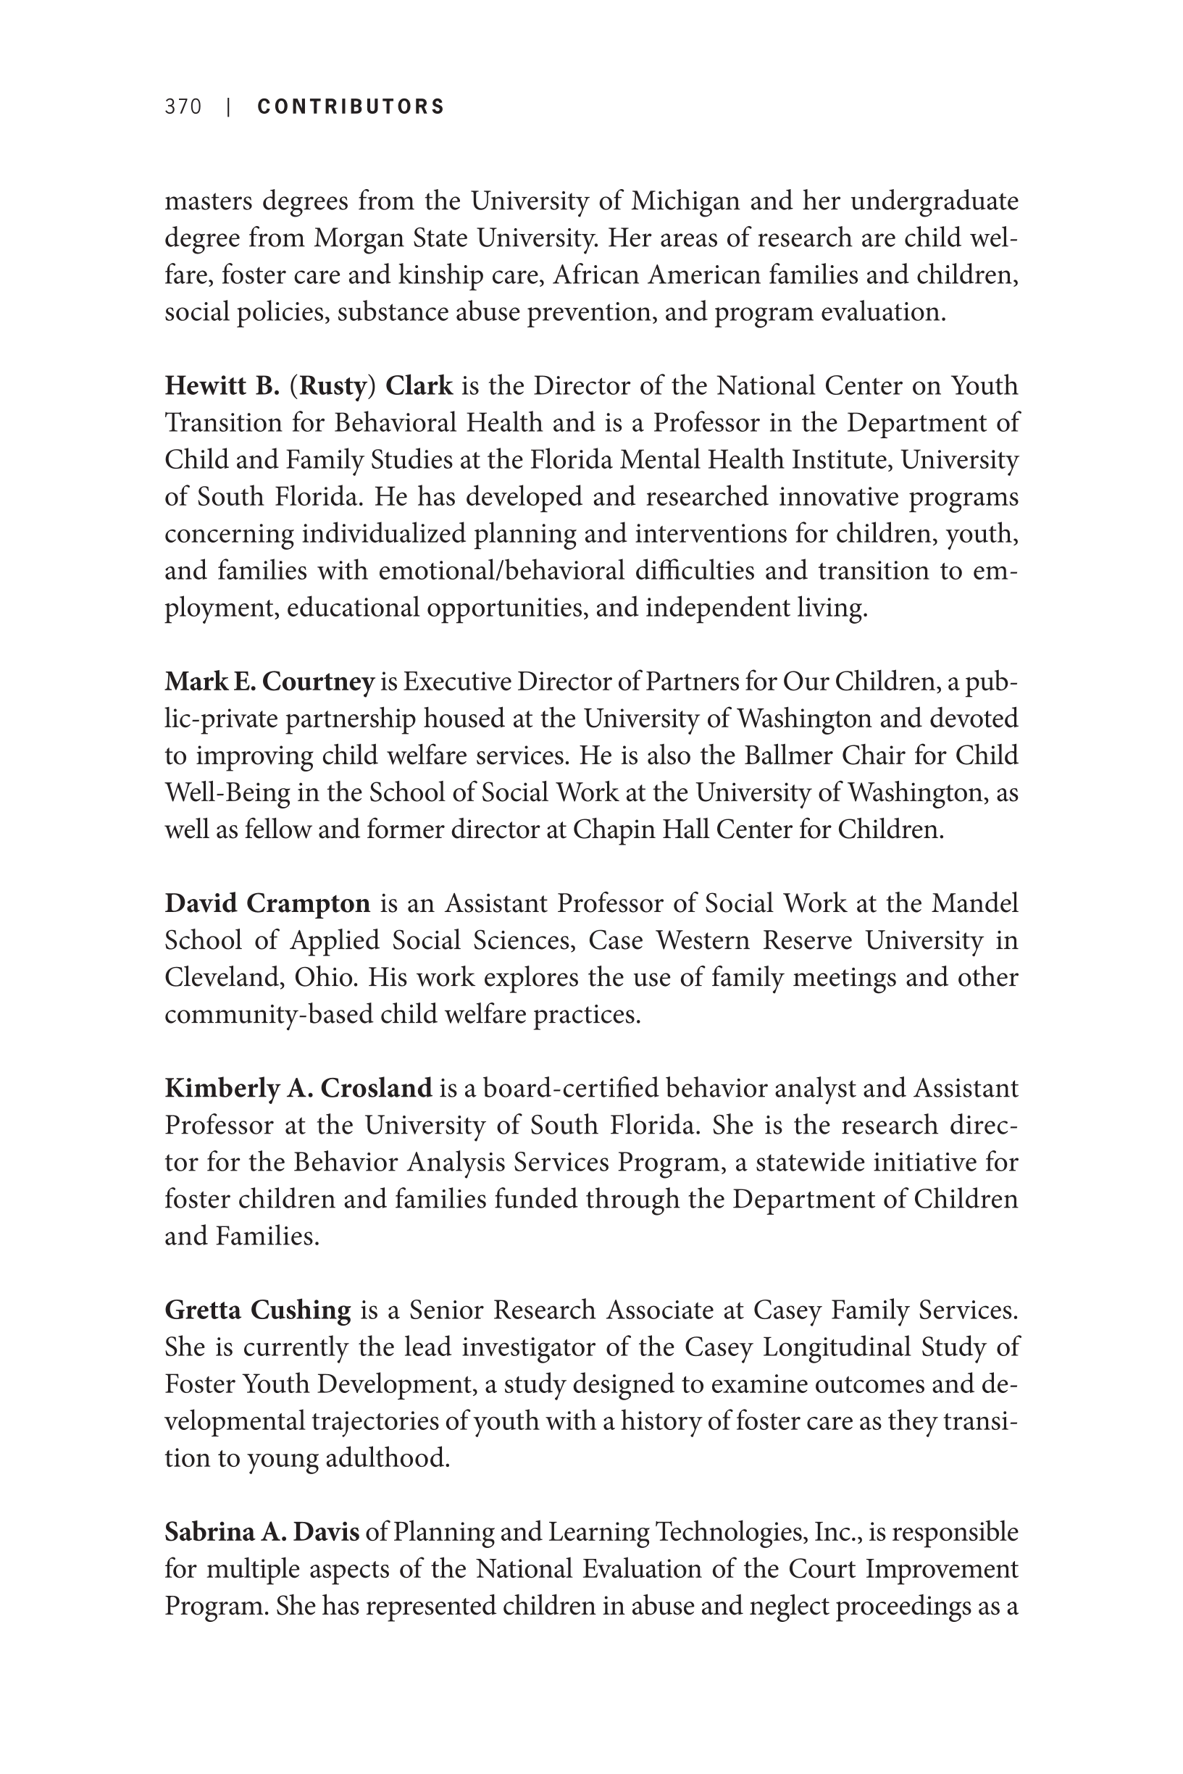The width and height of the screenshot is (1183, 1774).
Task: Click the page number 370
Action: pos(183,107)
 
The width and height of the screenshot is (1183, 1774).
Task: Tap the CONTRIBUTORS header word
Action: pos(351,107)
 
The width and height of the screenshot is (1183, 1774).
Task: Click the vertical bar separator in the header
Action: pos(228,107)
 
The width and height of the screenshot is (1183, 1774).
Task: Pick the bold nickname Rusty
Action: pos(333,386)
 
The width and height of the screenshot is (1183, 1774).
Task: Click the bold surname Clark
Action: pos(419,386)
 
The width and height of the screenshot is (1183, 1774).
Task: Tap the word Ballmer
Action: pos(787,756)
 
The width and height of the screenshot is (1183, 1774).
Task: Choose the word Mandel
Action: pos(975,903)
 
